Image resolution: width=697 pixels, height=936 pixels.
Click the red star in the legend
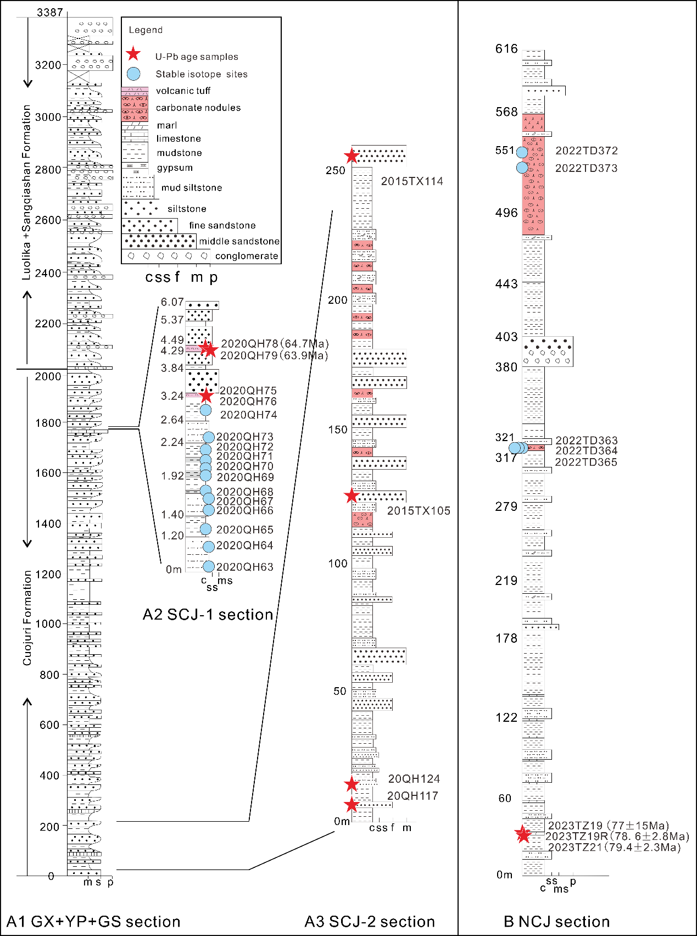(x=133, y=54)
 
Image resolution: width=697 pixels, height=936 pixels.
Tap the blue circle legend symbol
(x=133, y=74)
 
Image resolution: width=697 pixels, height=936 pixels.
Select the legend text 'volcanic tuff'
(x=183, y=91)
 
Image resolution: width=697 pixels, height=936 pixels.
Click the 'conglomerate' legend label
(x=247, y=256)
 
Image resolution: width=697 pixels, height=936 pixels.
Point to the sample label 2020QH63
(x=244, y=567)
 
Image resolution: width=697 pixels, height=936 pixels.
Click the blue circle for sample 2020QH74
(x=205, y=410)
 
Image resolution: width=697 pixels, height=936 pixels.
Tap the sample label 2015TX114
(x=412, y=181)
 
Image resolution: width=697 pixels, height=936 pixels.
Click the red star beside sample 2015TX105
(x=352, y=496)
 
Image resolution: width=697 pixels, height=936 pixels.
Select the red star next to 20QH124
(x=352, y=784)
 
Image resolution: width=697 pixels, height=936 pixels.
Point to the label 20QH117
(x=412, y=796)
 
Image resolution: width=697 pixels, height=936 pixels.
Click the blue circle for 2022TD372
(x=522, y=152)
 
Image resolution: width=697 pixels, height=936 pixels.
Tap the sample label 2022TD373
(x=586, y=169)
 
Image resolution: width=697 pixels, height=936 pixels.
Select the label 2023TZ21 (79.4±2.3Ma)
(x=614, y=848)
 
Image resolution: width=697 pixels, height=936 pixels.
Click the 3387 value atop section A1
(x=50, y=12)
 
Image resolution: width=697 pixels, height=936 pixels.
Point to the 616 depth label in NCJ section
(x=506, y=49)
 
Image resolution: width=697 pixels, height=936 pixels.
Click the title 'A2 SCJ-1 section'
(x=208, y=614)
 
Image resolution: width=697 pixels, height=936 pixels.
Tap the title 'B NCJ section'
(x=556, y=921)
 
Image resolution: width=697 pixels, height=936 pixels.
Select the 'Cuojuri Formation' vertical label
(x=27, y=618)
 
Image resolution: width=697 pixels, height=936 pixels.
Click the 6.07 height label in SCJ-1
(x=172, y=302)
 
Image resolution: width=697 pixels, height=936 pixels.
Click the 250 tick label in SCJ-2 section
(x=336, y=170)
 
